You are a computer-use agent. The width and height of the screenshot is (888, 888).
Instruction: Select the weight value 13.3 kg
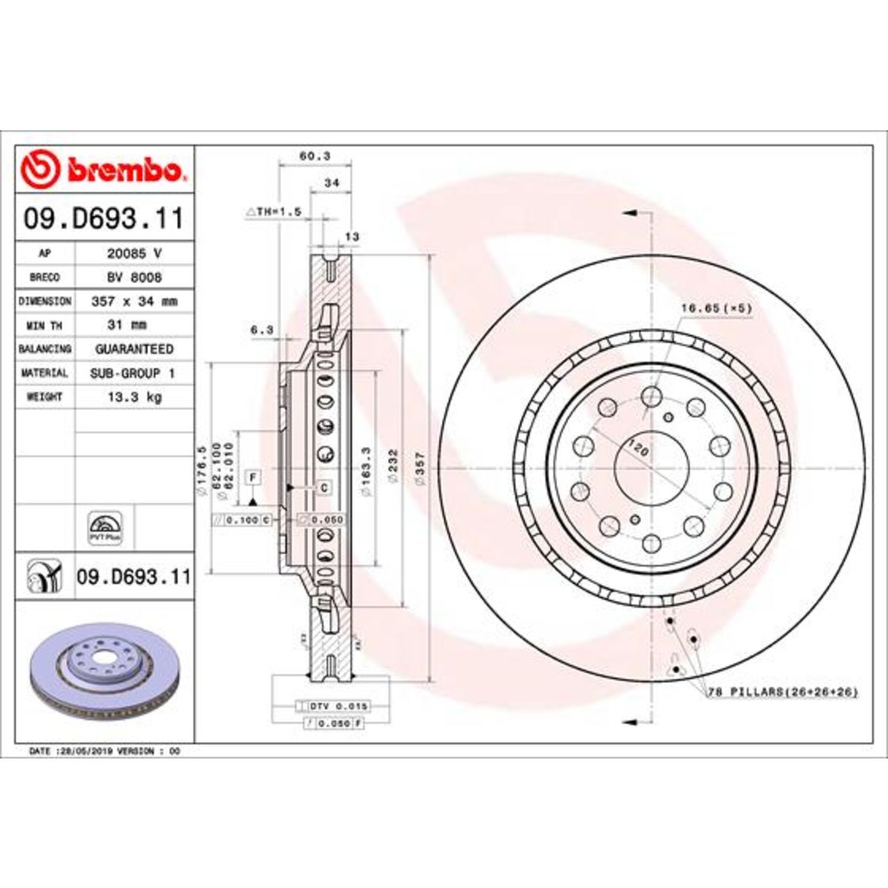[135, 397]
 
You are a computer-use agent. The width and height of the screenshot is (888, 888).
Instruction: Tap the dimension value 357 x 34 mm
[134, 302]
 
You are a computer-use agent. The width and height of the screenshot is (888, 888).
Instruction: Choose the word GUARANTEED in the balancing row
[135, 349]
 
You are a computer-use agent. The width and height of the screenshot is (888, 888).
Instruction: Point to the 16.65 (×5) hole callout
[716, 307]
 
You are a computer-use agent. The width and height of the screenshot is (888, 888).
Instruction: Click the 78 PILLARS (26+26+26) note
[783, 692]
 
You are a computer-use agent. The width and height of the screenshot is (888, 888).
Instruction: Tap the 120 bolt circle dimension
[635, 446]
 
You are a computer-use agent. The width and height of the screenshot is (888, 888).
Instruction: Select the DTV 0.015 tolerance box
[332, 707]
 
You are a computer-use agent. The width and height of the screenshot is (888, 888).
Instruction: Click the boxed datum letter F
[252, 477]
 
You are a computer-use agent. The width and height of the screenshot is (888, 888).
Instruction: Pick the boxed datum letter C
[323, 488]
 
